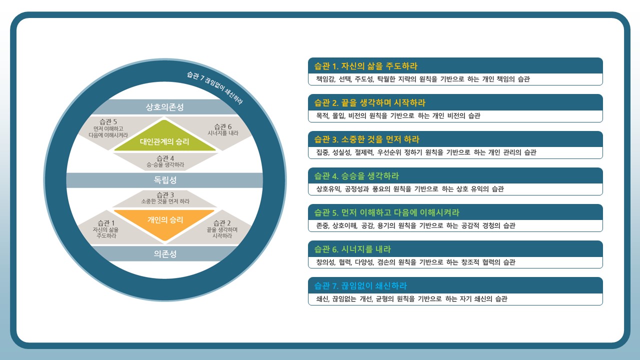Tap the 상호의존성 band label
click(x=165, y=107)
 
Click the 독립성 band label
click(x=165, y=180)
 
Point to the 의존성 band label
click(x=165, y=253)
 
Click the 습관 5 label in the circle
click(x=108, y=128)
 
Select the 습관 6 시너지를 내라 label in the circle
click(x=223, y=129)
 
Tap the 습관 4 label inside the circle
click(x=165, y=161)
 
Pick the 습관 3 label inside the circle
click(x=165, y=198)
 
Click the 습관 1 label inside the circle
click(x=105, y=229)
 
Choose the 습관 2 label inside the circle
click(x=222, y=229)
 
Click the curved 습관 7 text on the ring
click(x=215, y=87)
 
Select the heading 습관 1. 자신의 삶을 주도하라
click(x=365, y=66)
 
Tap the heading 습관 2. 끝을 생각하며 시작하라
click(x=369, y=102)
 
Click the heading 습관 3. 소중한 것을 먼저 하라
click(x=366, y=139)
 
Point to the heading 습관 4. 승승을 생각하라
click(x=356, y=176)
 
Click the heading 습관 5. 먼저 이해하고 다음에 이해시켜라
click(x=386, y=212)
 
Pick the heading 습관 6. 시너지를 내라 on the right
click(x=352, y=249)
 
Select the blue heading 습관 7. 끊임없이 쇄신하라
click(x=360, y=285)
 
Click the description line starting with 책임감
click(x=423, y=79)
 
